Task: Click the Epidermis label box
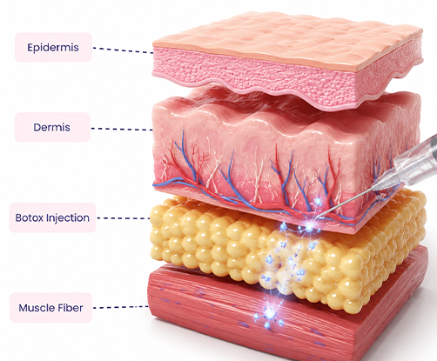(x=53, y=47)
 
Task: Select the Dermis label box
(x=52, y=127)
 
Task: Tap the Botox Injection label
(x=52, y=217)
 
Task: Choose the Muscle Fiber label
(x=51, y=308)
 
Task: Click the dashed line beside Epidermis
(x=123, y=50)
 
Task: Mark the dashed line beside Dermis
(x=122, y=129)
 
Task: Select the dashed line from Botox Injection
(x=124, y=218)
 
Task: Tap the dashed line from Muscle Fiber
(x=121, y=307)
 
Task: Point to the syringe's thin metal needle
(x=346, y=203)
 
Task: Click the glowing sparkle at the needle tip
(x=309, y=227)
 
